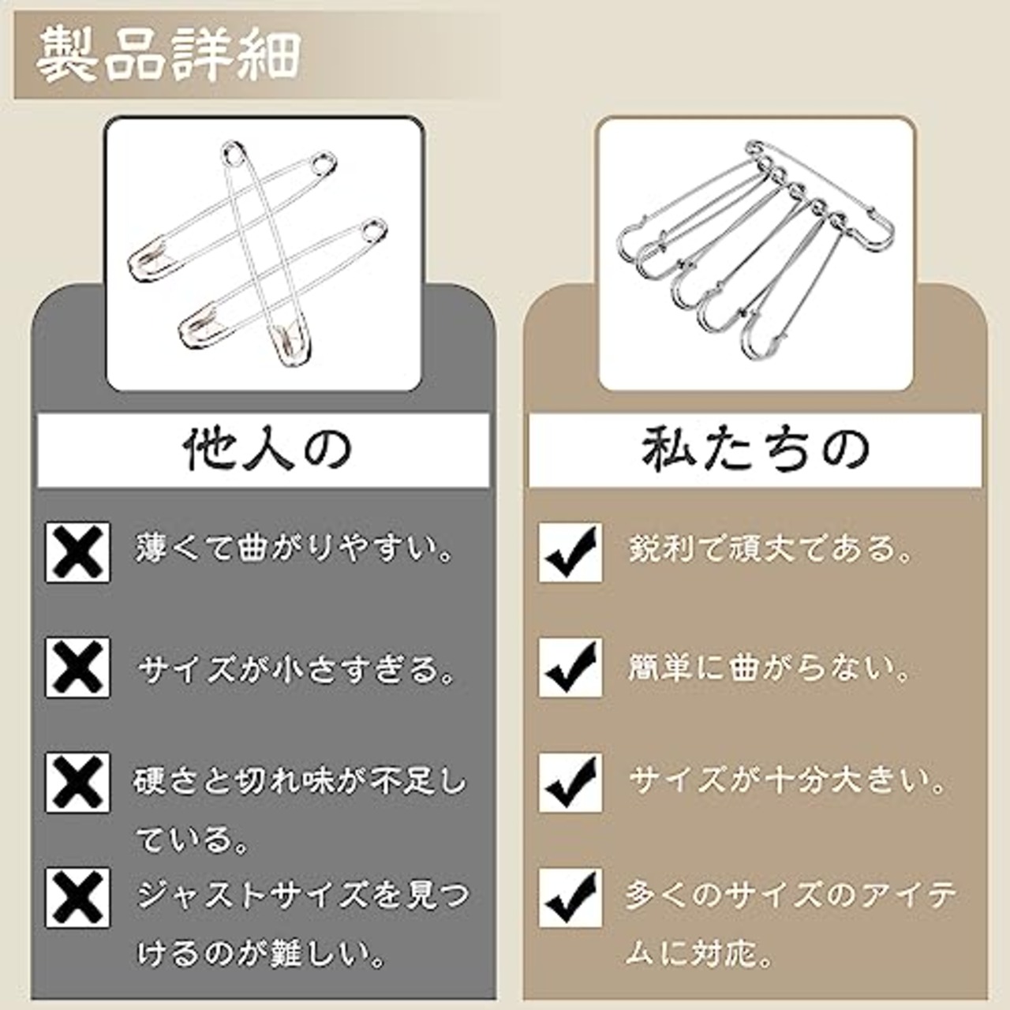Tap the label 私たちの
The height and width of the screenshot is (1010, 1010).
pyautogui.click(x=754, y=451)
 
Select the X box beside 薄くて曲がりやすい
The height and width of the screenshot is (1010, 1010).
pyautogui.click(x=77, y=552)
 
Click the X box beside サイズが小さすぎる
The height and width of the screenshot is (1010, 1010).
pyautogui.click(x=77, y=668)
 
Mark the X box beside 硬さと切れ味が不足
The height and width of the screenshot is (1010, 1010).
pyautogui.click(x=77, y=783)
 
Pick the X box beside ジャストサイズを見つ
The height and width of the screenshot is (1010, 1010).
pyautogui.click(x=77, y=898)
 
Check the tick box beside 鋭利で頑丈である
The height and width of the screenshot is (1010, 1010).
pyautogui.click(x=570, y=552)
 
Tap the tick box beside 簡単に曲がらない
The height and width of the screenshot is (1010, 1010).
pyautogui.click(x=570, y=668)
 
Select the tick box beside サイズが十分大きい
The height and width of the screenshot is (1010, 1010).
pyautogui.click(x=570, y=783)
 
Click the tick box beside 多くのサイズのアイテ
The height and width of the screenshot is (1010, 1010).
pyautogui.click(x=570, y=898)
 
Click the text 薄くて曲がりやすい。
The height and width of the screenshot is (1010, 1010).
pyautogui.click(x=296, y=548)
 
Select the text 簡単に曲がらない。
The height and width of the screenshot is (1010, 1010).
pyautogui.click(x=769, y=668)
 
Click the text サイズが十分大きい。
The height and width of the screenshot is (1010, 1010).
pyautogui.click(x=787, y=781)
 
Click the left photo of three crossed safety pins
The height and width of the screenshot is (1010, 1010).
pyautogui.click(x=264, y=254)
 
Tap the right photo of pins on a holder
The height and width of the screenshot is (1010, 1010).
pyautogui.click(x=756, y=254)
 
